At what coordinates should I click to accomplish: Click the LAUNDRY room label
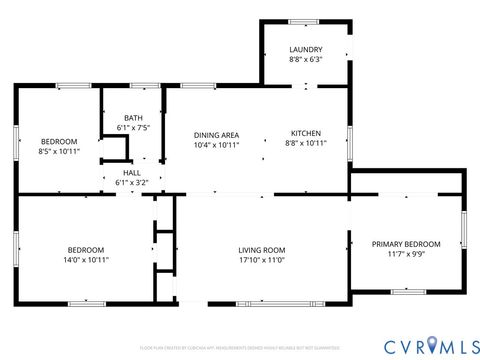coord(305,49)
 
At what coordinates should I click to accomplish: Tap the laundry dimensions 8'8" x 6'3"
coord(305,59)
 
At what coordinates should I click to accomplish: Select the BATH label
coord(133,117)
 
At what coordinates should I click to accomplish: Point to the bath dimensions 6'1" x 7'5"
coord(133,127)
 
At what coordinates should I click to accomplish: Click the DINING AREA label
coord(216,134)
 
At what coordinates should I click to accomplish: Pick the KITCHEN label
coord(305,133)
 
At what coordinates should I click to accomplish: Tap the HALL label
coord(132,173)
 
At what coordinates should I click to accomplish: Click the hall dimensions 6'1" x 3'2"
coord(132,183)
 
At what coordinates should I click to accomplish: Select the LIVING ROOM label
coord(262,250)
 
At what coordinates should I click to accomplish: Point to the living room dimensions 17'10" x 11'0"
coord(262,260)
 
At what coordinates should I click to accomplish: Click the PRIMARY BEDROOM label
coord(405,243)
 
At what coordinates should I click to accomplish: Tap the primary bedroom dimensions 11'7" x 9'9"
coord(405,254)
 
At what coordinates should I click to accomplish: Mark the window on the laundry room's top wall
coord(304,21)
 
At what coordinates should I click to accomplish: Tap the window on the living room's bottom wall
coord(263,302)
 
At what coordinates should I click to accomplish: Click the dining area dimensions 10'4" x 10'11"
coord(216,144)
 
